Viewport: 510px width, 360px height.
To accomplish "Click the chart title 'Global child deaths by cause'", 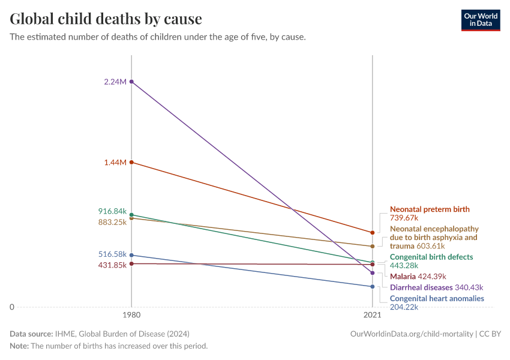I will (106, 19).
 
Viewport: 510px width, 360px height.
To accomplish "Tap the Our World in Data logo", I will (480, 20).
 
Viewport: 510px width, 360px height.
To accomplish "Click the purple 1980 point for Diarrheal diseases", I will (131, 82).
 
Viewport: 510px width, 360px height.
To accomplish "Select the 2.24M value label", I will (115, 82).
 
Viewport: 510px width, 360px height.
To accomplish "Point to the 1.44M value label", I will (115, 163).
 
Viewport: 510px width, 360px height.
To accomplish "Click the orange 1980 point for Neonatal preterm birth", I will (131, 163).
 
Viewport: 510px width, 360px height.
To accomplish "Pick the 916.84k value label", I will (112, 212).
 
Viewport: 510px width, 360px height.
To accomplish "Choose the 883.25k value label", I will (112, 222).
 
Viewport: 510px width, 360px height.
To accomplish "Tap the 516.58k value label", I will (112, 254).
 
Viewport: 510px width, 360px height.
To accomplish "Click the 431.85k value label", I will (112, 265).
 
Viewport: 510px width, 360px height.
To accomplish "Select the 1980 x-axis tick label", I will (131, 315).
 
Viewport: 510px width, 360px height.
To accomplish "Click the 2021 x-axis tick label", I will (373, 315).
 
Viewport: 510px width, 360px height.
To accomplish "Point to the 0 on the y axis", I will (12, 307).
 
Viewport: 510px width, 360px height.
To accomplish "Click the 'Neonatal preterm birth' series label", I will (430, 209).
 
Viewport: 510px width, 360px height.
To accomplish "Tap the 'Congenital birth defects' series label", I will (431, 257).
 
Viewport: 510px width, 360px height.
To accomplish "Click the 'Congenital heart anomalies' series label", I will (437, 298).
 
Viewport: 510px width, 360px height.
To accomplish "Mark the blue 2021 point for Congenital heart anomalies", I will (373, 287).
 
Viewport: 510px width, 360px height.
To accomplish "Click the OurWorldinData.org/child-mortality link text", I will (412, 334).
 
